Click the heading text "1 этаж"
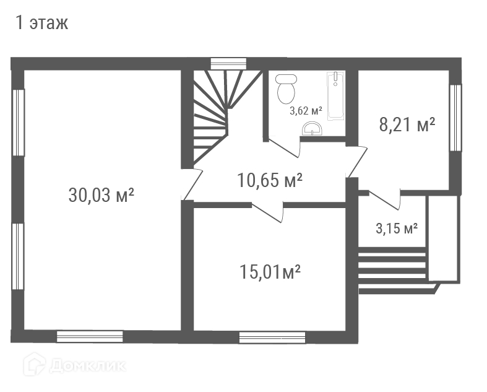[41, 23]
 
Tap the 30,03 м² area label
[101, 195]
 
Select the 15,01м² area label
[270, 272]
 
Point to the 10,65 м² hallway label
[270, 180]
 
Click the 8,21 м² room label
[407, 124]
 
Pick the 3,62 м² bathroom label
[306, 110]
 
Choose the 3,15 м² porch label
[397, 229]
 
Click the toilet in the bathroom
[286, 89]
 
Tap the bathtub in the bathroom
[335, 95]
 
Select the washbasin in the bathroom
[312, 129]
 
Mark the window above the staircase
[228, 64]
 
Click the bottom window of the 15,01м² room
[272, 338]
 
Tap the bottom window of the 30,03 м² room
[90, 337]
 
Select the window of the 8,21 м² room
[455, 118]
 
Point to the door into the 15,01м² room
[267, 212]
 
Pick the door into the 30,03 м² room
[192, 185]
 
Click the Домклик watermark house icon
[35, 364]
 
